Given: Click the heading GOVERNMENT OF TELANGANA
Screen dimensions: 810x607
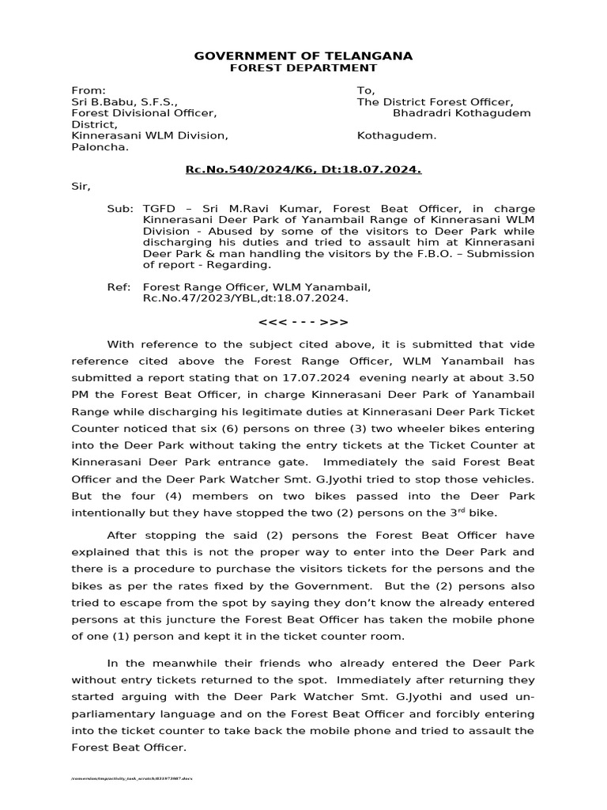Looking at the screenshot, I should [303, 55].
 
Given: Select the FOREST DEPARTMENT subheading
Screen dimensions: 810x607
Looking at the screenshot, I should [303, 68].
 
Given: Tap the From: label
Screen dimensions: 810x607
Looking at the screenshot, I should [88, 91].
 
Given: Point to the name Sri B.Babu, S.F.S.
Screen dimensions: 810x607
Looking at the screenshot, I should [124, 102].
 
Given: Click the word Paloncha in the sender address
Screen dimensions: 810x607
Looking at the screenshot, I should [99, 146].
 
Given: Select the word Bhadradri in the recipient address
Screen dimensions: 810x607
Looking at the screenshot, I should [432, 113].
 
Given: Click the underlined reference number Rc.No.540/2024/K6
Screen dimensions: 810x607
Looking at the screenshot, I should [247, 169].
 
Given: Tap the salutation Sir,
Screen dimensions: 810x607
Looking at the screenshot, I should [81, 187].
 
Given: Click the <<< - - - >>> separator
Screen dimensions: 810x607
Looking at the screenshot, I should [303, 322].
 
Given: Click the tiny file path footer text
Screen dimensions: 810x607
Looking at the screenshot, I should [132, 778].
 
